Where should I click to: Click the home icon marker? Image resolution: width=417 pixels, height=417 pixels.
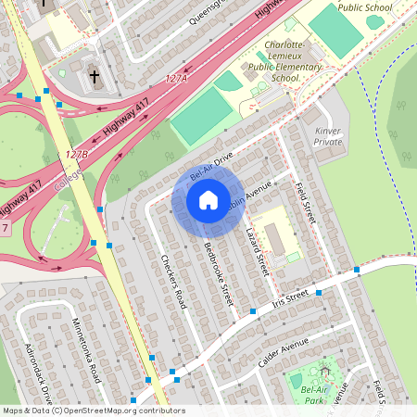[x=208, y=199]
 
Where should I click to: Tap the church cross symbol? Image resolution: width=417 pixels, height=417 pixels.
[x=94, y=75]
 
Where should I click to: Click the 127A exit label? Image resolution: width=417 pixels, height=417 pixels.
[x=176, y=80]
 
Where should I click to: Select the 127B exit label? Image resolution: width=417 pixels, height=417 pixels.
[x=77, y=154]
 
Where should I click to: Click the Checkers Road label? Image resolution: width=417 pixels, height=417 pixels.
[x=174, y=282]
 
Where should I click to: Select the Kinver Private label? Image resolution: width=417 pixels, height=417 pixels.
[x=328, y=136]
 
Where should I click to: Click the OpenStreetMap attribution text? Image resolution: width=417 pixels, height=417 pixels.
[x=93, y=411]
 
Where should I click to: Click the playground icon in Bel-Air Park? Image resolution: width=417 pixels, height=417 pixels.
[x=324, y=371]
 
